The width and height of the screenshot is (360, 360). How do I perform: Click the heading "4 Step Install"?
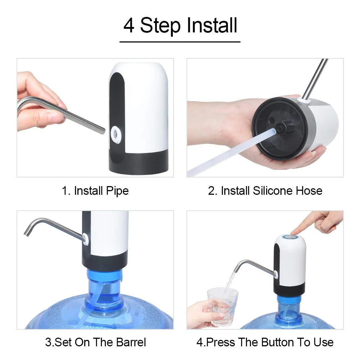coord(180,26)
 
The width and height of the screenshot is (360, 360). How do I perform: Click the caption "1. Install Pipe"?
coord(95,190)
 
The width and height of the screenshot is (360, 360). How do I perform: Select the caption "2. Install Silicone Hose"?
coord(265,190)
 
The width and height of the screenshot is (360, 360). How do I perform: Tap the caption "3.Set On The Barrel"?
coord(95,342)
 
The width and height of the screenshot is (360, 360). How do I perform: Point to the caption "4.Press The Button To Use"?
coord(265,342)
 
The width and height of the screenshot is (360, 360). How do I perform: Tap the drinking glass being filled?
coord(222,306)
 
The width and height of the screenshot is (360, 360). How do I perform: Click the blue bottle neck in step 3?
coord(104,288)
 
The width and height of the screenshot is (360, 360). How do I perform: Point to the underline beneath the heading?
coord(180,42)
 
